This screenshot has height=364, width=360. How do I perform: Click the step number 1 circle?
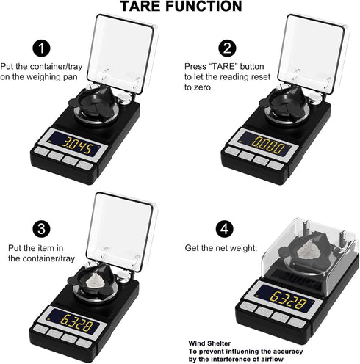44,49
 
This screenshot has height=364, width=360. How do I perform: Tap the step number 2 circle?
228,49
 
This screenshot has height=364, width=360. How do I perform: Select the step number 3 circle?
43,227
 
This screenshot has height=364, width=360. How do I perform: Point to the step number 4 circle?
228,227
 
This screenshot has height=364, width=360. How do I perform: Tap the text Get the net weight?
220,248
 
